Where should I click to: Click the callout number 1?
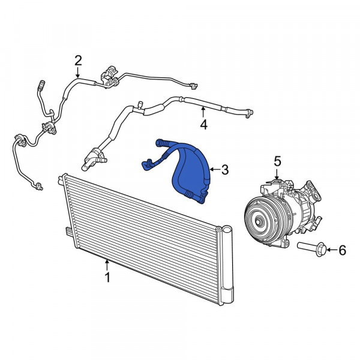107,277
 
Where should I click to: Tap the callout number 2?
78,61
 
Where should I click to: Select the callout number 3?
225,170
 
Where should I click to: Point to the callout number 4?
204,125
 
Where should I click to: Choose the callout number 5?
277,161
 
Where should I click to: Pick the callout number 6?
343,250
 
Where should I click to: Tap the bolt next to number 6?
311,249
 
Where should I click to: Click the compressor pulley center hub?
258,222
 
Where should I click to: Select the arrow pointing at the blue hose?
215,170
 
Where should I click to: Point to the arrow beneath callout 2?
78,73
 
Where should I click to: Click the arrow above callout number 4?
203,112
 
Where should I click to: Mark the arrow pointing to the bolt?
332,250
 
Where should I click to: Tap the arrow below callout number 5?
277,174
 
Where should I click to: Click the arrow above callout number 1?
107,265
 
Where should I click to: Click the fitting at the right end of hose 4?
249,113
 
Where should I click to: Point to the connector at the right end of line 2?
193,86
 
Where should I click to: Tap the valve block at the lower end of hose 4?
94,160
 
